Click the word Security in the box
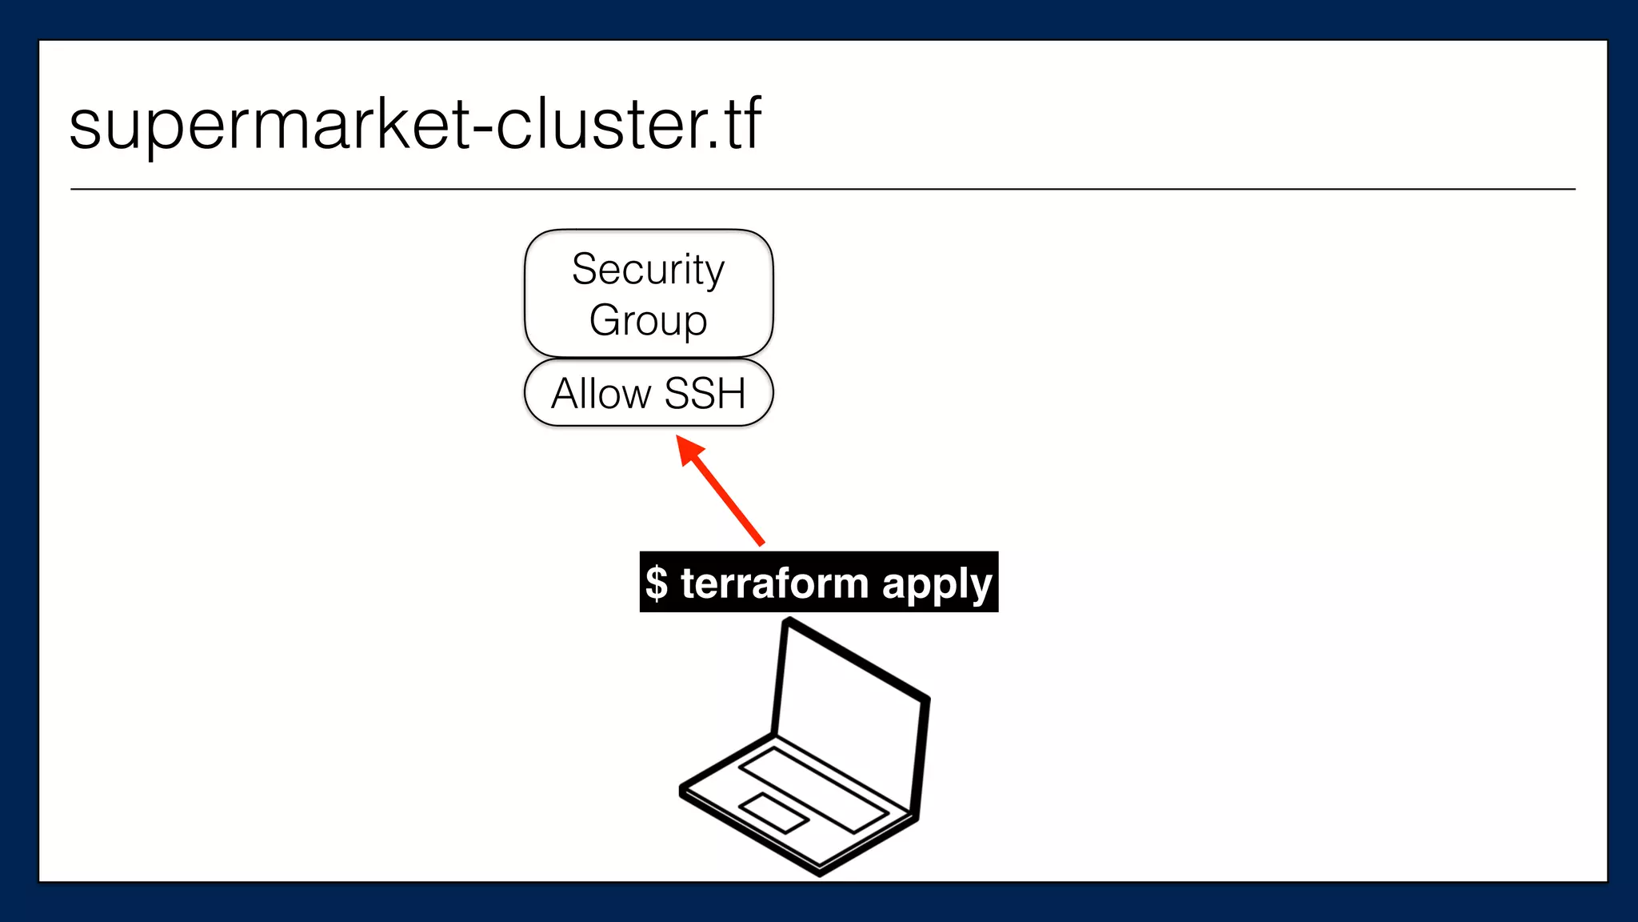[648, 270]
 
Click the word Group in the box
[648, 320]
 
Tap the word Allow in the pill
[601, 394]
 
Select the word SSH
[705, 394]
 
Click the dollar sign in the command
[657, 583]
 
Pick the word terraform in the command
[774, 583]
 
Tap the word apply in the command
[937, 584]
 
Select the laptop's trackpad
[773, 812]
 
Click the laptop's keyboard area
[813, 788]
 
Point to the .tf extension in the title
[736, 126]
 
